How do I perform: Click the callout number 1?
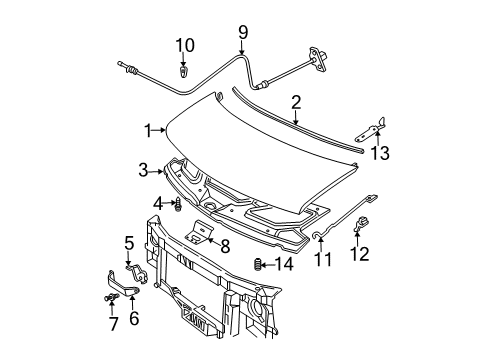pos(147,130)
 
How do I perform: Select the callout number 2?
pos(296,101)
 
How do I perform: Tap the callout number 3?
pos(143,170)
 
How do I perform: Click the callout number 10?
pos(184,44)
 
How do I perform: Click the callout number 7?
pos(112,323)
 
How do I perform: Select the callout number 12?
pos(361,255)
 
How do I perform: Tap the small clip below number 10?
pos(184,71)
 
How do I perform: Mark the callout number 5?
pos(128,241)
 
